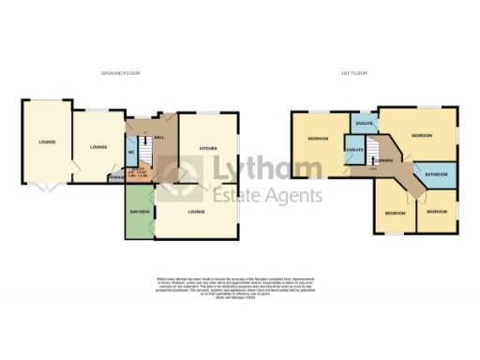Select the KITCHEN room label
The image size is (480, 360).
click(208, 149)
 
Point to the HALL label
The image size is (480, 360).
click(159, 137)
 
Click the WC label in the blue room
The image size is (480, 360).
click(132, 151)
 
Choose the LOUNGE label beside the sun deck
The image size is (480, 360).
click(197, 212)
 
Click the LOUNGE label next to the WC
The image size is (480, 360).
click(97, 147)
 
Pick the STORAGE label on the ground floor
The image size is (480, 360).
click(116, 176)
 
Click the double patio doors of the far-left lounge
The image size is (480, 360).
click(44, 185)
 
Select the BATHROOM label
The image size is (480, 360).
click(435, 174)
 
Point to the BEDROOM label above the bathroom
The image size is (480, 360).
click(421, 136)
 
